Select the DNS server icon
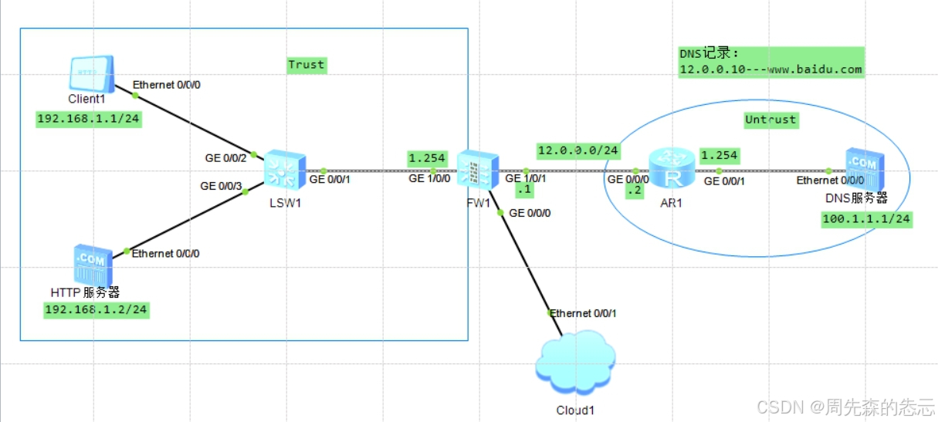coord(863,170)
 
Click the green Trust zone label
coord(306,65)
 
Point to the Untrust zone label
coord(770,120)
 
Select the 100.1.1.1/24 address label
coord(866,220)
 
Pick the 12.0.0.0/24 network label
coord(578,150)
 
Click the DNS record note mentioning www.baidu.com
coord(770,62)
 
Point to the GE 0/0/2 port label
coord(225,157)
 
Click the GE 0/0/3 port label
coord(221,186)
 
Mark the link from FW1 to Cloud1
coord(525,262)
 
